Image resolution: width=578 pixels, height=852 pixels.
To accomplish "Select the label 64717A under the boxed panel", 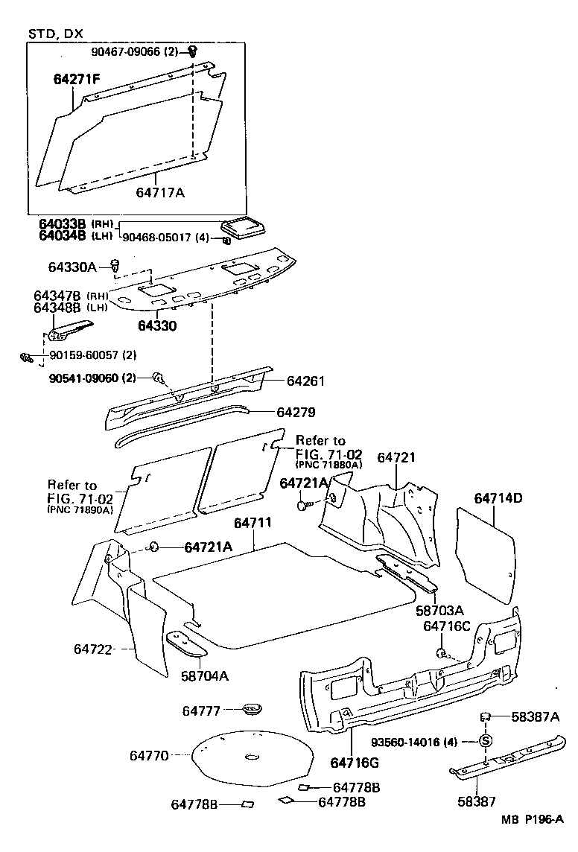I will pos(159,193).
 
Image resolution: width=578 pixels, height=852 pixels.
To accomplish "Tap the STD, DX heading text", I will pos(55,34).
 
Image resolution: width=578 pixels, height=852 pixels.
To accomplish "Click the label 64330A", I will pos(73,266).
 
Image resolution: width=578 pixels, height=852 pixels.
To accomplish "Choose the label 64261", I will pos(305,381).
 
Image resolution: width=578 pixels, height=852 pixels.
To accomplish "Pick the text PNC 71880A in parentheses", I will pos(328,465).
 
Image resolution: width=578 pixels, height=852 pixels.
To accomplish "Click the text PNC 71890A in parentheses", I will pos(80,509).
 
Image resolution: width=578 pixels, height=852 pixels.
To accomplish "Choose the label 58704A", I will pos(205,676).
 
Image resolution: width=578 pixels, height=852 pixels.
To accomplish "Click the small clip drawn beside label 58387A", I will pos(483,716).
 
